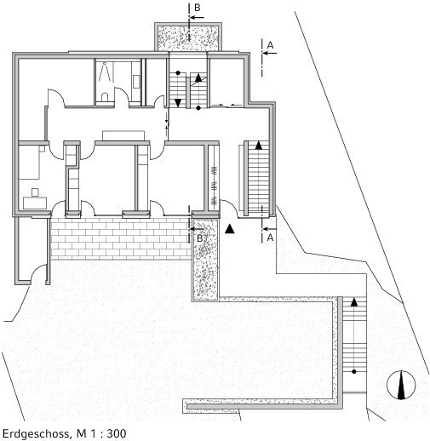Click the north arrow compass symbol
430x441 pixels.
tap(401, 385)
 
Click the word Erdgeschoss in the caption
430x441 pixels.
tap(36, 433)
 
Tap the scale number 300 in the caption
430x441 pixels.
tap(117, 433)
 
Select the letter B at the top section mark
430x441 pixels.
tap(198, 8)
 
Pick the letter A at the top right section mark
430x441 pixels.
tap(270, 45)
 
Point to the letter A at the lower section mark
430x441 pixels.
tap(270, 238)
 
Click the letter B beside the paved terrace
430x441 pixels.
tap(200, 238)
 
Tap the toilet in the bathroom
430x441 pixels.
tap(105, 96)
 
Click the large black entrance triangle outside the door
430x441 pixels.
tap(230, 229)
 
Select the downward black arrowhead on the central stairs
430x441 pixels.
tap(178, 103)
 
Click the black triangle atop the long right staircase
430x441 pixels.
tap(258, 146)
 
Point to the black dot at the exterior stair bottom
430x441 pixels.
tap(354, 371)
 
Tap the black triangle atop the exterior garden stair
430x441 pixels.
tap(354, 302)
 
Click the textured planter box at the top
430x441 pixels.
tap(188, 38)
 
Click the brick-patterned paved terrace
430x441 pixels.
tap(121, 239)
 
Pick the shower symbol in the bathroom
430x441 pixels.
tap(104, 72)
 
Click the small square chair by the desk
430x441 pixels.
tap(35, 192)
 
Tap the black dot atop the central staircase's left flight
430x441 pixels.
tap(178, 73)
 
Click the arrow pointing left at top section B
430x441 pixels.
tap(197, 17)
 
